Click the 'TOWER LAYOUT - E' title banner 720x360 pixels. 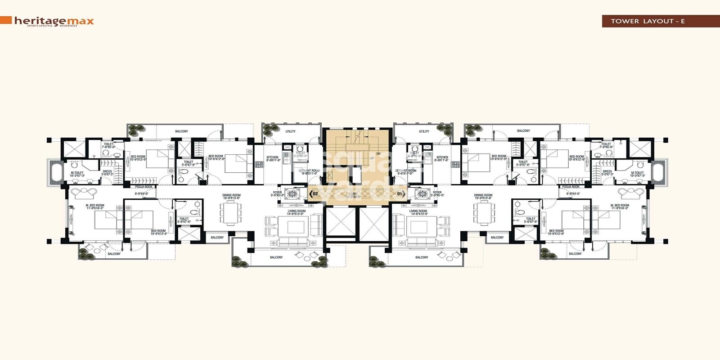648,21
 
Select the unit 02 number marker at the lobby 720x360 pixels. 315,194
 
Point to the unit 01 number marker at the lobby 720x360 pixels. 399,194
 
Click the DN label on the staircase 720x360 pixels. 378,153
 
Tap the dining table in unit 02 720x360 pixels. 230,213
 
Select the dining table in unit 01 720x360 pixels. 484,213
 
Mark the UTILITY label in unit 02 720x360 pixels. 291,131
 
